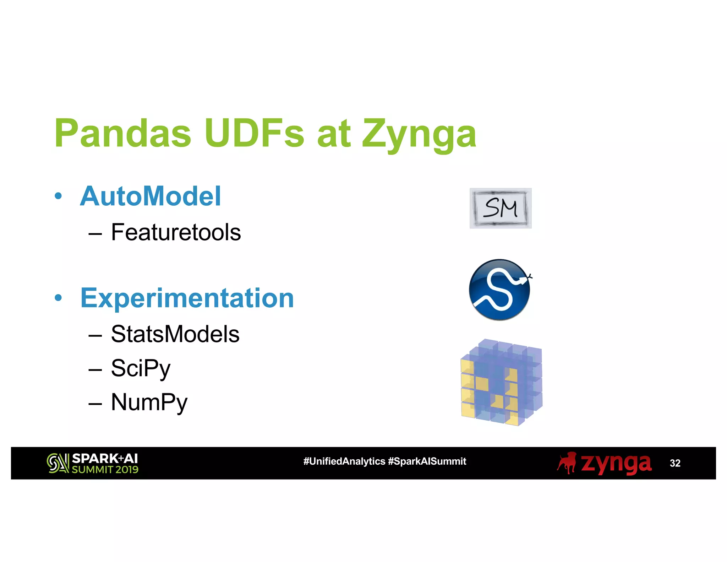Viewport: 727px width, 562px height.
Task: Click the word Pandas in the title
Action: (123, 133)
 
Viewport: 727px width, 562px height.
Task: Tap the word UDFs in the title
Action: (254, 133)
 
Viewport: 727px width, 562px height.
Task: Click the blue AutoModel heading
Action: (151, 196)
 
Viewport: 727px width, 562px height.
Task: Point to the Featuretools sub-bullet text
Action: (176, 232)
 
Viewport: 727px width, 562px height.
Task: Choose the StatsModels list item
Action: (175, 334)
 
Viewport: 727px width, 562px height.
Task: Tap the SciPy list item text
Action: (141, 368)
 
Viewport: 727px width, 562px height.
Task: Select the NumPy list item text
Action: (149, 402)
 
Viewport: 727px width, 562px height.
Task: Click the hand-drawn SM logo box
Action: (500, 208)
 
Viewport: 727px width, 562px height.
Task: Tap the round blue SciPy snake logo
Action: (499, 290)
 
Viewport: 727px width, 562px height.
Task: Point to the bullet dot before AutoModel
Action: (58, 196)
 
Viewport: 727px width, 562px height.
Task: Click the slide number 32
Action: (675, 463)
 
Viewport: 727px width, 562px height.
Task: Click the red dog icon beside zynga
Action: (567, 463)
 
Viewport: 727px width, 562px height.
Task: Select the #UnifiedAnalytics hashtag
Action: (344, 461)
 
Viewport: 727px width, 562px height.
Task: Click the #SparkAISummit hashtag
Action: (427, 461)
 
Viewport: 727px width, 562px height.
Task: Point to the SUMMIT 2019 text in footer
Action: (105, 470)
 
